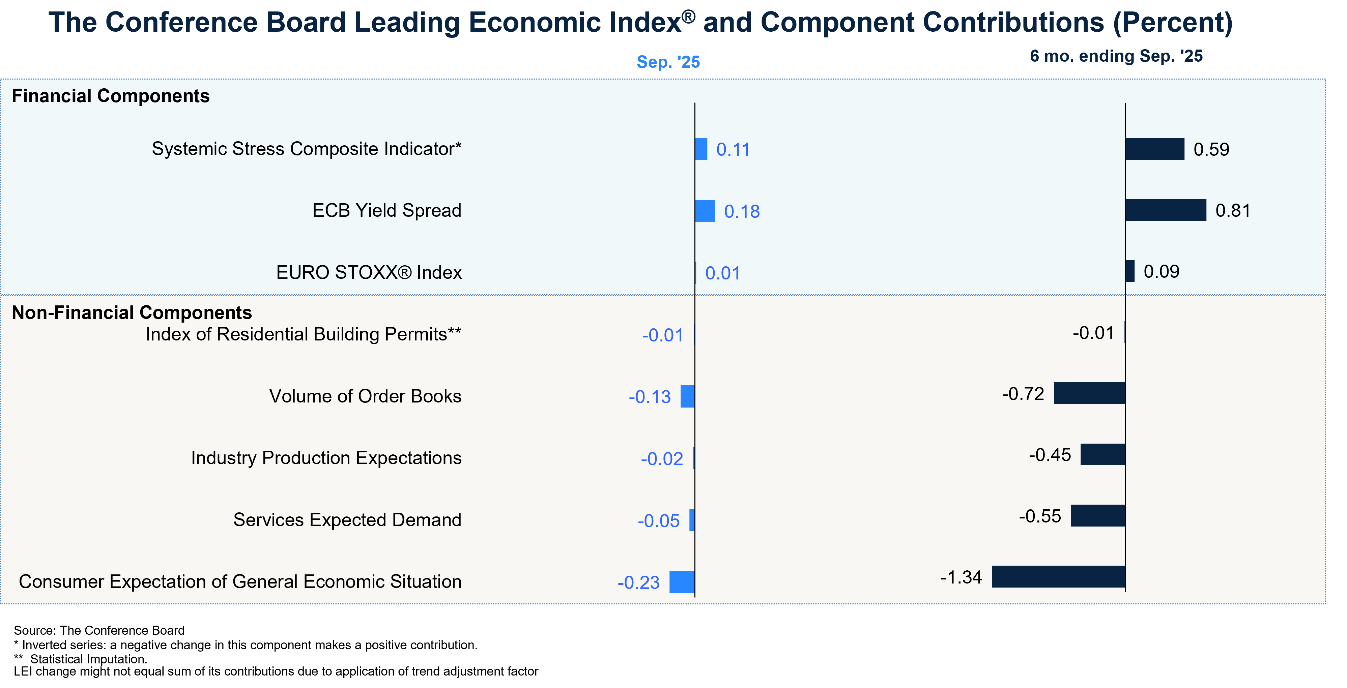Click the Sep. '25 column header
click(x=668, y=62)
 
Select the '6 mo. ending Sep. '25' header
click(x=1116, y=56)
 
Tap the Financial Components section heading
click(x=110, y=96)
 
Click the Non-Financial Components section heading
click(x=132, y=312)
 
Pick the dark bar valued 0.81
click(x=1166, y=210)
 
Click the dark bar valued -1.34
click(x=1058, y=577)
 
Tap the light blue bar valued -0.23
click(x=682, y=582)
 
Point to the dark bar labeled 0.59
click(x=1154, y=149)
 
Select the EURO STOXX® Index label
click(x=369, y=272)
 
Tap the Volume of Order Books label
click(x=365, y=396)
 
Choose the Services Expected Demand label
click(x=347, y=520)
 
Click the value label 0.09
click(x=1162, y=272)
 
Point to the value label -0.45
click(x=1050, y=455)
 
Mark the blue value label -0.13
click(x=650, y=397)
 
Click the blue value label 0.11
click(x=733, y=150)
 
